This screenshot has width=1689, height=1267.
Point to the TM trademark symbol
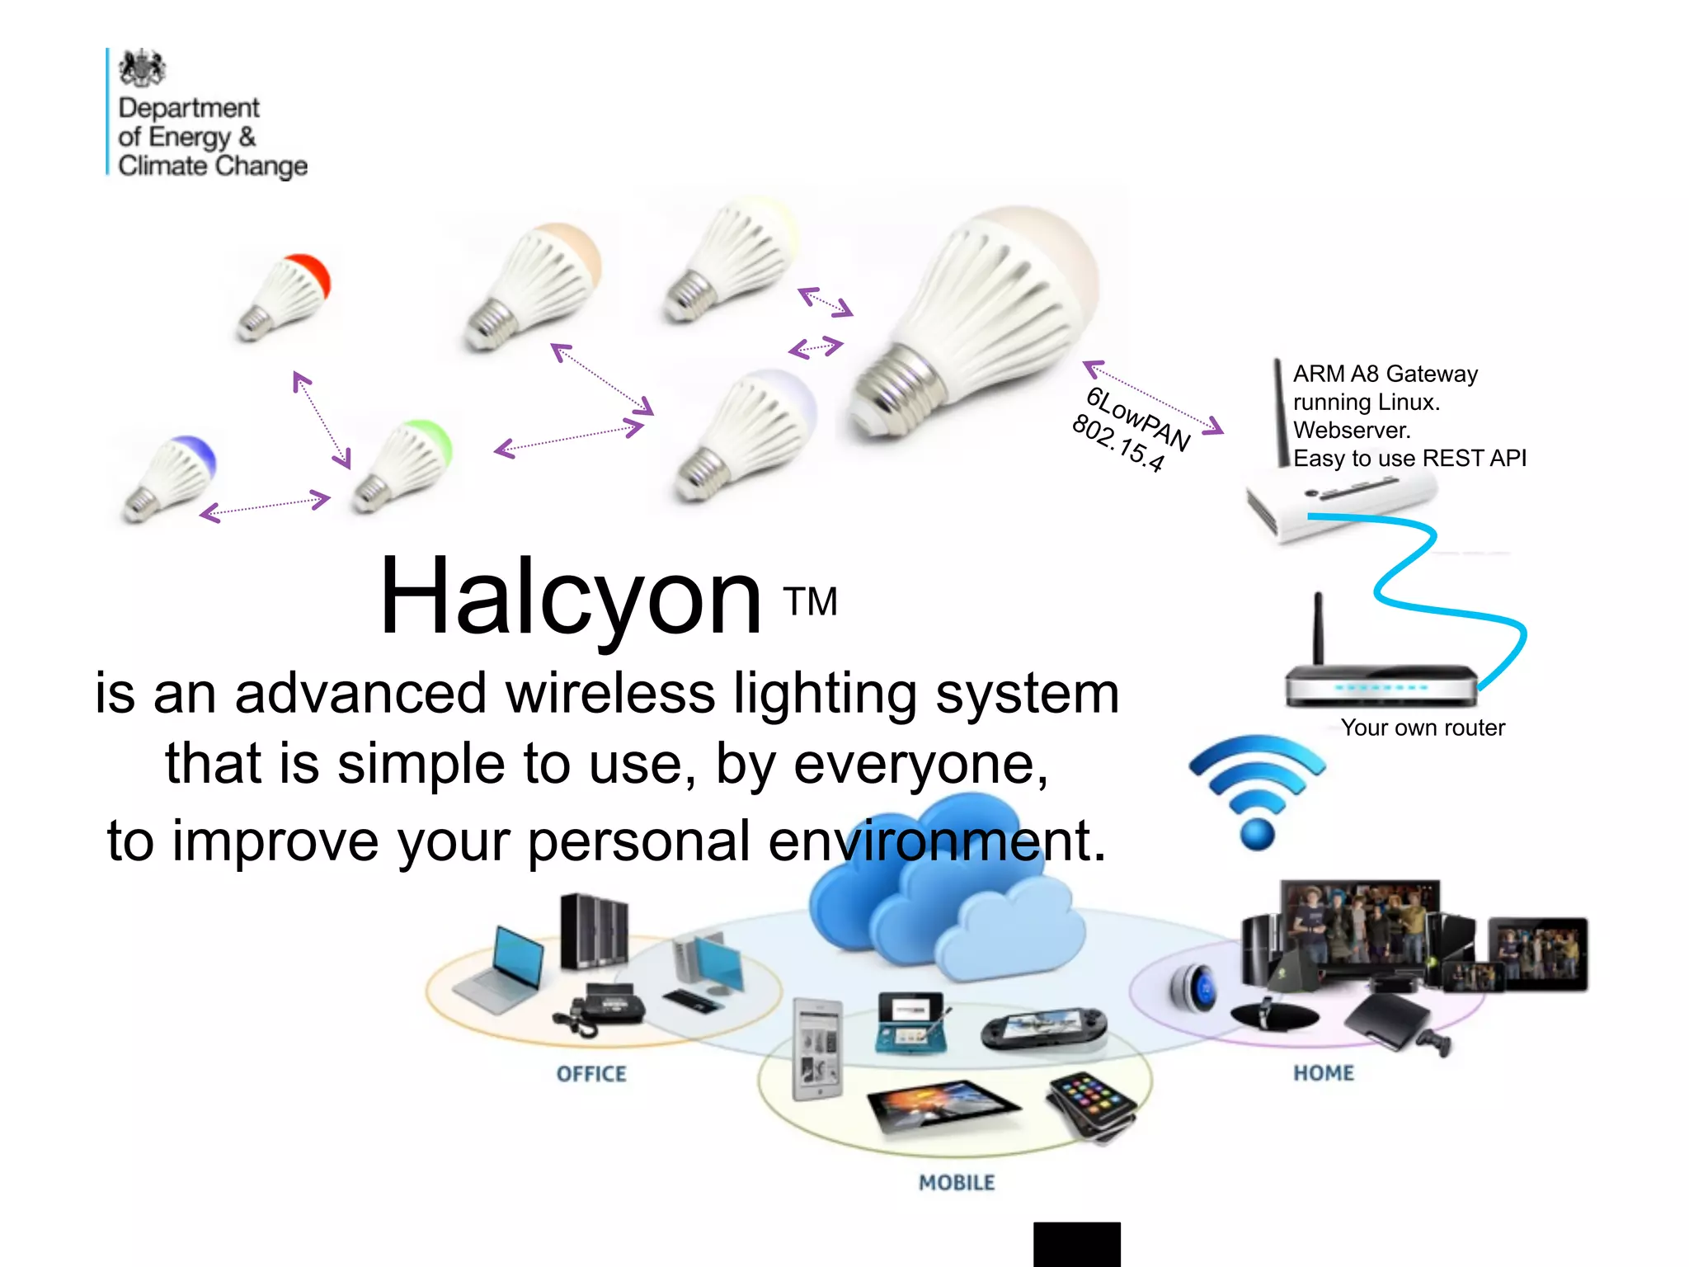point(811,602)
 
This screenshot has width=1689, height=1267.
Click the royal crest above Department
point(142,68)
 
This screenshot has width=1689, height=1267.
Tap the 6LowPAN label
point(1138,417)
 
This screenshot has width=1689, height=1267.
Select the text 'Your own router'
point(1423,728)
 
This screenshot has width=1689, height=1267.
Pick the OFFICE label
point(591,1074)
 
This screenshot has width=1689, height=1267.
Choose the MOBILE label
point(957,1183)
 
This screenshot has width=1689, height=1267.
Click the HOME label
point(1324,1073)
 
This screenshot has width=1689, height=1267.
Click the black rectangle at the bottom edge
point(1076,1244)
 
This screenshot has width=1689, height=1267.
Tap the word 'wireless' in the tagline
point(610,693)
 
